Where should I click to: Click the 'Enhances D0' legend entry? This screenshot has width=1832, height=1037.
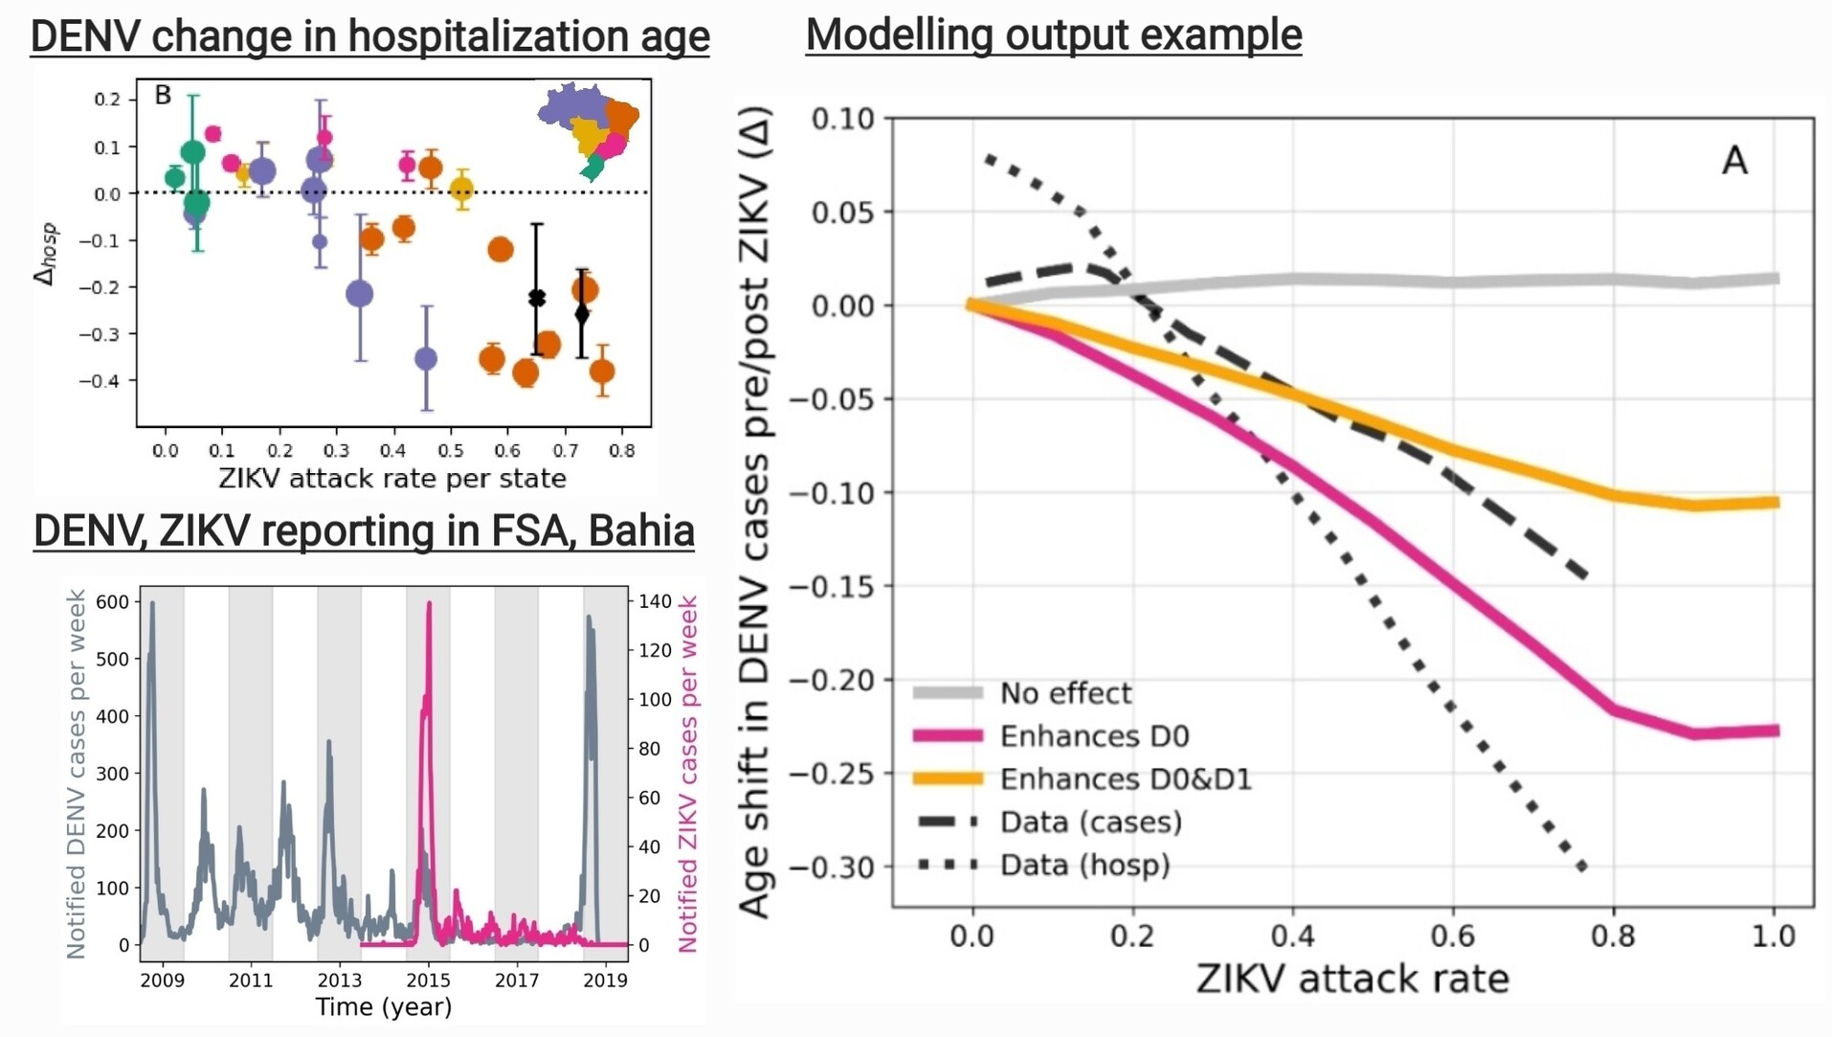coord(1093,735)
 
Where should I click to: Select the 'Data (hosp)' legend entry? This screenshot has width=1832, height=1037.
coord(1084,865)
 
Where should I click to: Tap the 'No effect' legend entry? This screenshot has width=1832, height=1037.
coord(1065,692)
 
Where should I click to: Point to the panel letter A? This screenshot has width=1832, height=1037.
coord(1734,160)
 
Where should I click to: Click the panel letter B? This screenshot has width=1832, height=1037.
coord(163,95)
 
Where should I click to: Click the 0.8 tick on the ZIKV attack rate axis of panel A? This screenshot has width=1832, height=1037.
coord(1613,936)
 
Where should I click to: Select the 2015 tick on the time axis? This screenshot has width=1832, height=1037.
coord(428,980)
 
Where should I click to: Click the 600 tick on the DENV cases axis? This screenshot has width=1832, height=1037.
coord(112,601)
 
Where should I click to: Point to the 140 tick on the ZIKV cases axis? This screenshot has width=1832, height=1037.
coord(656,601)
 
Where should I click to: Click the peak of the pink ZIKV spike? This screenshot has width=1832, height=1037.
coord(429,603)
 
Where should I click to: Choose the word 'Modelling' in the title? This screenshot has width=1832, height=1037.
coord(899,34)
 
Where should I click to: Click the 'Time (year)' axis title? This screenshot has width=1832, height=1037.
coord(383,1007)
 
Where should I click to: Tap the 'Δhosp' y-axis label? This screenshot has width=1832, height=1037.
coord(46,254)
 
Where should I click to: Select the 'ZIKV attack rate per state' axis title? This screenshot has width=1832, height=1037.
coord(392,478)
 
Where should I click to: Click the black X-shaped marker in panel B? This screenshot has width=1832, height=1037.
coord(537,299)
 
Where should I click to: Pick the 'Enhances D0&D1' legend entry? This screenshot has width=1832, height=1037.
coord(1125,778)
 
